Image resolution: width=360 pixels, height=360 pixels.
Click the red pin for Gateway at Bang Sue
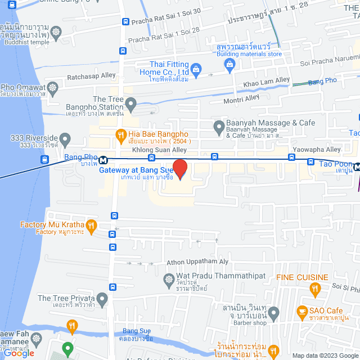click(x=179, y=169)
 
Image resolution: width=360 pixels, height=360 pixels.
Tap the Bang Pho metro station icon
click(x=103, y=160)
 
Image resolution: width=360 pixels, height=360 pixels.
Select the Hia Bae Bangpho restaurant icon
click(x=120, y=134)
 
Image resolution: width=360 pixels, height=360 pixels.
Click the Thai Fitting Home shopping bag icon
click(x=196, y=69)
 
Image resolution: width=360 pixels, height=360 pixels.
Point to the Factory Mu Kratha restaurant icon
click(x=91, y=225)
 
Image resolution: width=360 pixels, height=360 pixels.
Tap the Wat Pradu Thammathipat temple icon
click(x=168, y=279)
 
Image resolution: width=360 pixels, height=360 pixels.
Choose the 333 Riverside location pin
click(x=65, y=138)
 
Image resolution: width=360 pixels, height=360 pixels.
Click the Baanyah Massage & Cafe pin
click(x=219, y=127)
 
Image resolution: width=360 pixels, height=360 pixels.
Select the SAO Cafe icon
click(x=302, y=311)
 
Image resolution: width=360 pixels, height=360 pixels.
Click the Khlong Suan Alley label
click(x=159, y=150)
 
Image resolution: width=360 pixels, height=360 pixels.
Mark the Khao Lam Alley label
click(x=267, y=82)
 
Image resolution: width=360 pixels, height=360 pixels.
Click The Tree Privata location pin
click(x=102, y=298)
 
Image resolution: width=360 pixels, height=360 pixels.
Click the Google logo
click(x=19, y=353)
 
